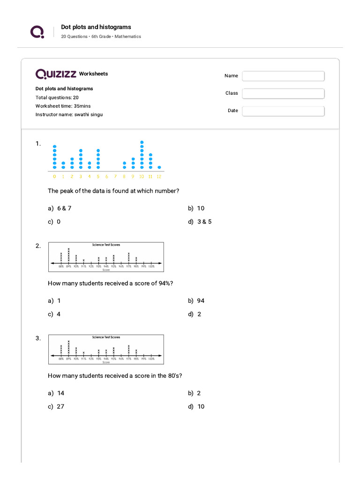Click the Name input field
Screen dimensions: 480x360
[283, 76]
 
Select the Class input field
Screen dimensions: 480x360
[283, 94]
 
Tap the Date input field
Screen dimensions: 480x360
[283, 111]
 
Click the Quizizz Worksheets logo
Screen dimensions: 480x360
[71, 74]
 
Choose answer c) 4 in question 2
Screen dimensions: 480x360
[54, 314]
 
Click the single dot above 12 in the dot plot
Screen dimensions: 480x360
[159, 167]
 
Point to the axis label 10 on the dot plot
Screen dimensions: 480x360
[142, 177]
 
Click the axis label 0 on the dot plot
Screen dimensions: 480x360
[54, 177]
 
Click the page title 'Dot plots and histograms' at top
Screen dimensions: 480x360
[96, 27]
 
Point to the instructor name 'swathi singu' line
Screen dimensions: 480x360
[69, 114]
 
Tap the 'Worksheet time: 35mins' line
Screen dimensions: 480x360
[63, 106]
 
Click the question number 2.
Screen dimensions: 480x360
[38, 246]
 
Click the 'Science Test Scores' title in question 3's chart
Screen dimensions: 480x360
[106, 337]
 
